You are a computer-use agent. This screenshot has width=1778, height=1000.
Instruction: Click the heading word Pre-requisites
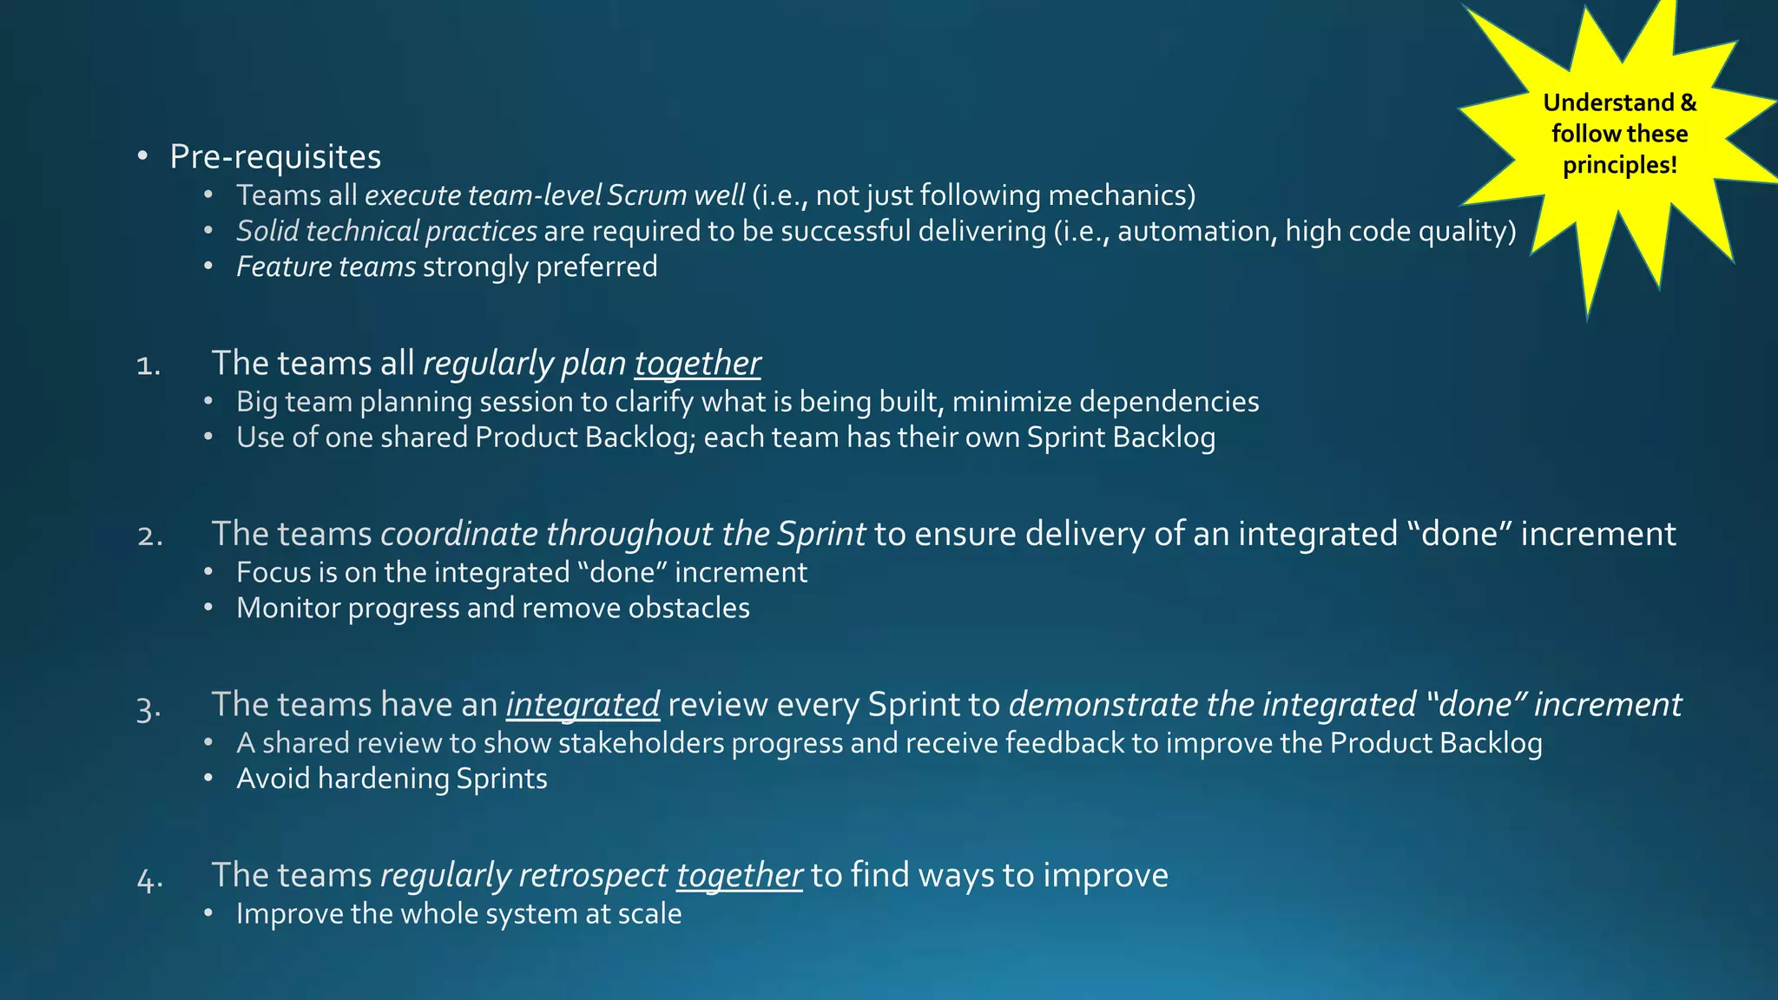coord(275,157)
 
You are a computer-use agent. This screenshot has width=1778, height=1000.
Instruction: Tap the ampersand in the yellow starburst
coord(1688,102)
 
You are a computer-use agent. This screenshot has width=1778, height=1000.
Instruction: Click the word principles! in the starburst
coord(1619,165)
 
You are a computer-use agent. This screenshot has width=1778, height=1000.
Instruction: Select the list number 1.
coord(148,365)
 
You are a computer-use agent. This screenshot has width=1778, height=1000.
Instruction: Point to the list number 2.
coord(149,536)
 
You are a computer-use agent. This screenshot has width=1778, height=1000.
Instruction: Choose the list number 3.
coord(148,707)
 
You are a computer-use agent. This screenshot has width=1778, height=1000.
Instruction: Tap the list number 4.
coord(149,878)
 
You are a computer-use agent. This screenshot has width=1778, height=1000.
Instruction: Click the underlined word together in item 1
coord(697,363)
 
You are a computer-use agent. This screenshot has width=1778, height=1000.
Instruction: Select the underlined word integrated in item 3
coord(583,704)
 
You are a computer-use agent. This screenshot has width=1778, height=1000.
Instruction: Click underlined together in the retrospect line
coord(739,875)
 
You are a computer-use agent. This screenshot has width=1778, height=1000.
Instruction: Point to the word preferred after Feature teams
coord(596,266)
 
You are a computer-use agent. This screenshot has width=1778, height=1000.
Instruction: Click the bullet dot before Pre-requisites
coord(142,156)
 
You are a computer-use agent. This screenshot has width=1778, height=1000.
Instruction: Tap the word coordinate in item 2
coord(459,534)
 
